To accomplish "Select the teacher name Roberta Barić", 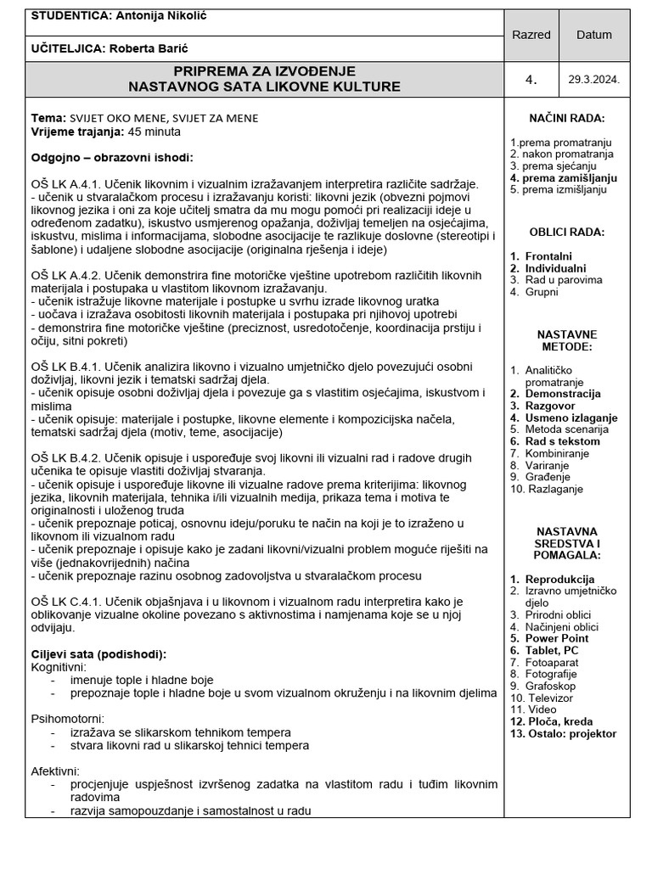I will [x=148, y=48].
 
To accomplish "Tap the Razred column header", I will [x=531, y=35].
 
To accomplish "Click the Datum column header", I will [x=593, y=35].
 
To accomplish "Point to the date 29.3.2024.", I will [x=593, y=80].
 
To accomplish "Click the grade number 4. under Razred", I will [x=531, y=80].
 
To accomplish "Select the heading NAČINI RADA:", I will [x=566, y=119].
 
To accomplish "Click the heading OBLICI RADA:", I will [x=566, y=232].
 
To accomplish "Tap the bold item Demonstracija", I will [x=562, y=394].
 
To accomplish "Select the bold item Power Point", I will [x=556, y=638].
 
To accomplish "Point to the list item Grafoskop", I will [x=550, y=686].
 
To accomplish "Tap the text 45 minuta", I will [x=154, y=132].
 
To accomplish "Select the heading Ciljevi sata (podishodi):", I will [x=98, y=654].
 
